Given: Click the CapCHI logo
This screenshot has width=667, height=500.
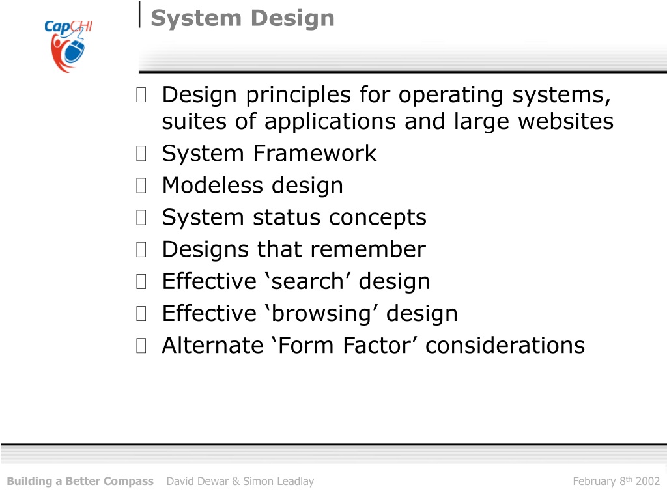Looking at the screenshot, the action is coord(68,46).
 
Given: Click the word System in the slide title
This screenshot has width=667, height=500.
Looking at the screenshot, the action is coord(196,18).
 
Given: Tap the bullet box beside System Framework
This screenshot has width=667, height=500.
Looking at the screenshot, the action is coord(141,154).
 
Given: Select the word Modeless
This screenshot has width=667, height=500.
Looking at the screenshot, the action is coord(213,185).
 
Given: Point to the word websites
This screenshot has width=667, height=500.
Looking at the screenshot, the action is coord(566,121).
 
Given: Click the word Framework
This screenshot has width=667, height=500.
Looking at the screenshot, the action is coord(315,153).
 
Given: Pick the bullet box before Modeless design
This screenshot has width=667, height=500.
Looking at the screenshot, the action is coord(141,186).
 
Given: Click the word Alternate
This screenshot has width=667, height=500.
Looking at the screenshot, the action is coord(213,345).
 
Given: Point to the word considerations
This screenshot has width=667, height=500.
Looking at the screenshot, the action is coord(505,345).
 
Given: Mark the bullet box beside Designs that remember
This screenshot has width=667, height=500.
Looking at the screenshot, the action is coord(141,249).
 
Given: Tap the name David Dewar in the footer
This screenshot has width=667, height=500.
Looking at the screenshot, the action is coord(197,481).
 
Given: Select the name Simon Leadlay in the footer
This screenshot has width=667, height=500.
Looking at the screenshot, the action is coord(279,481).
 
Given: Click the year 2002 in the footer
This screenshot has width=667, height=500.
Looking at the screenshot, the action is coord(647,481).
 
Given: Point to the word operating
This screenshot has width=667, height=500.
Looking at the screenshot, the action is coord(451,95).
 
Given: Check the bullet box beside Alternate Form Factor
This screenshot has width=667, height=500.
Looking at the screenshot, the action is coord(141,345).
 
